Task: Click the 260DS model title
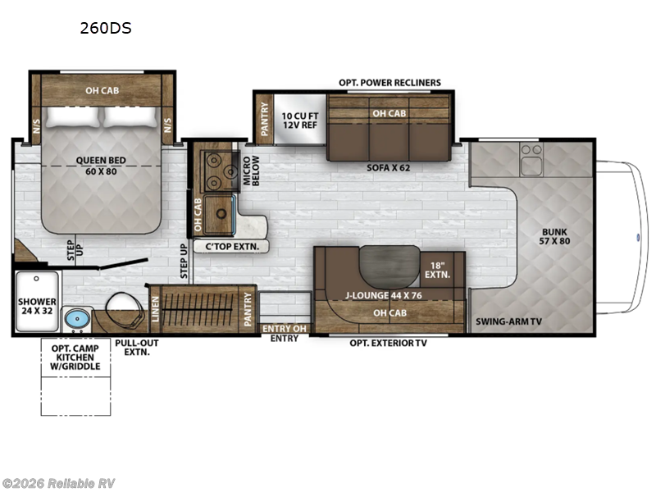click(x=105, y=28)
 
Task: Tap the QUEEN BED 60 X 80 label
click(x=99, y=166)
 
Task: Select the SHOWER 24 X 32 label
click(x=38, y=307)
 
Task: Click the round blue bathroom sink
click(x=76, y=317)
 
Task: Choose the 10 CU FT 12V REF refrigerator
click(x=298, y=119)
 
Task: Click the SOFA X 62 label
click(x=389, y=168)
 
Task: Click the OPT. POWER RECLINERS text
click(x=389, y=83)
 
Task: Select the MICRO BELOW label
click(x=250, y=170)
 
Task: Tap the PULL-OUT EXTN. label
click(x=137, y=347)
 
